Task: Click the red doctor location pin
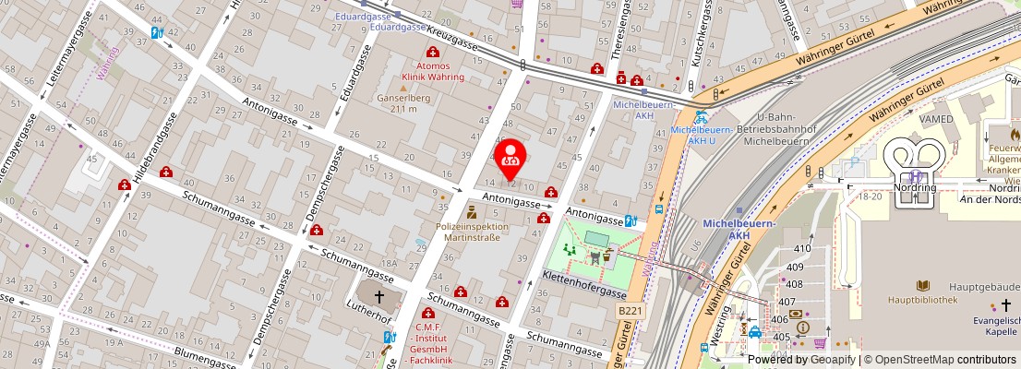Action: click(x=510, y=160)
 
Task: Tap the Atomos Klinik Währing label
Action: click(x=433, y=71)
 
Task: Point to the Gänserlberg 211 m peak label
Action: click(x=398, y=102)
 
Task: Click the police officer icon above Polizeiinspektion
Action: click(x=472, y=211)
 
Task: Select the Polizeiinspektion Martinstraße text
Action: click(x=472, y=232)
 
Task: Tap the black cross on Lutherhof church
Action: click(x=378, y=297)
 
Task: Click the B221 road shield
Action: click(x=630, y=312)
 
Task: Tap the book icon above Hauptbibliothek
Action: click(x=922, y=286)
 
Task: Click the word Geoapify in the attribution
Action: click(x=832, y=360)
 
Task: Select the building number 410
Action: click(x=802, y=248)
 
